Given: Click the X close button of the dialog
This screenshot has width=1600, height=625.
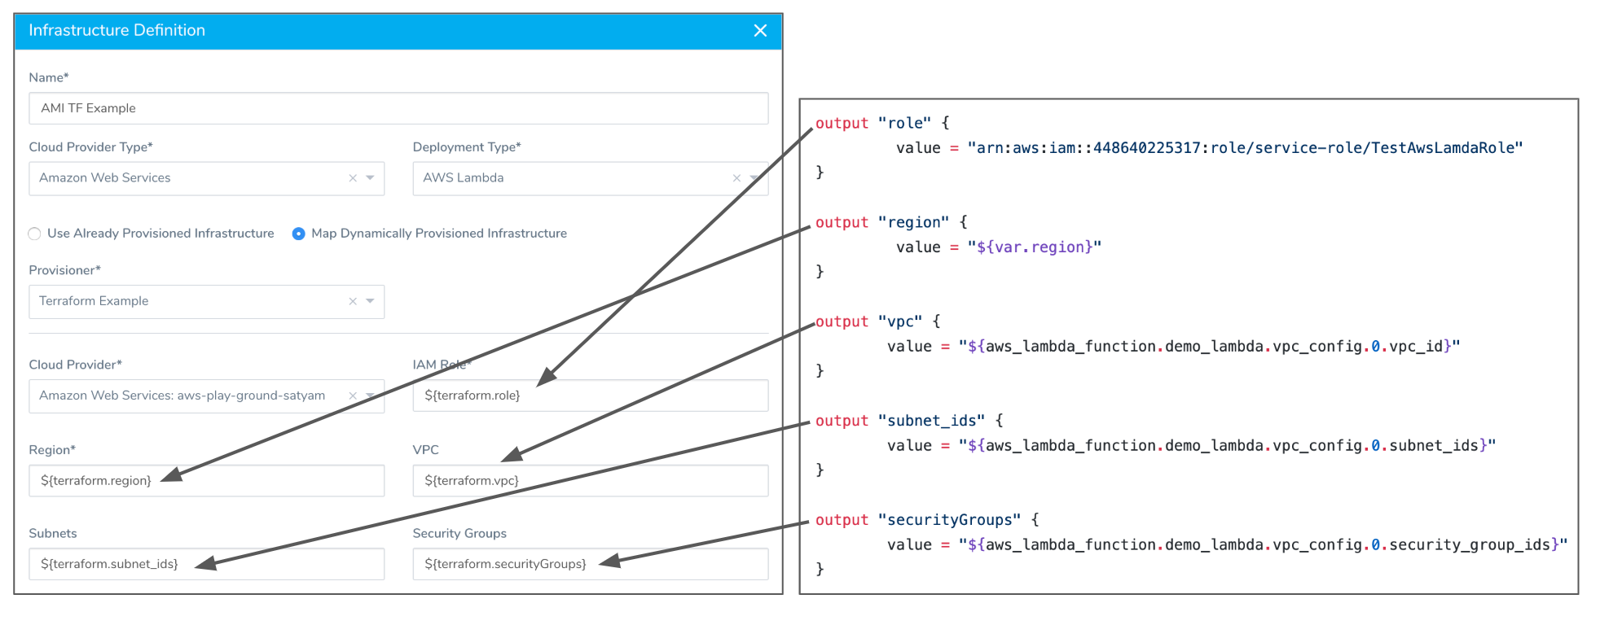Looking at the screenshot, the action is tap(760, 30).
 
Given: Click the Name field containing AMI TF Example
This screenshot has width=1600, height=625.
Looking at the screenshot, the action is tap(398, 108).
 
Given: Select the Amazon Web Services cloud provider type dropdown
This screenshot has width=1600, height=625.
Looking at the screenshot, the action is tap(206, 178).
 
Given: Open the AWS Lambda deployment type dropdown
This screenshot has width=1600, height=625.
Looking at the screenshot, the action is tap(590, 178).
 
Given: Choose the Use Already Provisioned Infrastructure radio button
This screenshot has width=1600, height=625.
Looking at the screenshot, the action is tap(34, 234).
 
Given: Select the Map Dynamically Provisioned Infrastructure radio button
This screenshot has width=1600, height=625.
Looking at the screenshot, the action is tap(299, 234).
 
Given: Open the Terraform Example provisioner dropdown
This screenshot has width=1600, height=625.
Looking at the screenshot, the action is tap(206, 301).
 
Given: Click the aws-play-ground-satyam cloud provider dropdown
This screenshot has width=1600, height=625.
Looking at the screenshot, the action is tap(206, 396).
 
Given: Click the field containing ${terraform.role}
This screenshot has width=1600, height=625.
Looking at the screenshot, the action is tap(590, 396).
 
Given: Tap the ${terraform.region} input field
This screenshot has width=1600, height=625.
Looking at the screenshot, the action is tap(206, 481).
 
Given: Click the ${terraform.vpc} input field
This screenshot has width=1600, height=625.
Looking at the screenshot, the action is tap(590, 481).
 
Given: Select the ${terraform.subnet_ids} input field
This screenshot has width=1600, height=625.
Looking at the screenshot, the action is tap(206, 564).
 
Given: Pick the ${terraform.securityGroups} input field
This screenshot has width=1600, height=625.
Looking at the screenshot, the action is tap(590, 564).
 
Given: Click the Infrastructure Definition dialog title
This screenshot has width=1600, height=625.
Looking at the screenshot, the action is tap(116, 30).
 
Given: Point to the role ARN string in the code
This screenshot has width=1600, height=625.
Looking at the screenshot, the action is tap(1245, 148).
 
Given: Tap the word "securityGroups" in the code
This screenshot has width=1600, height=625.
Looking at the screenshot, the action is tap(950, 520).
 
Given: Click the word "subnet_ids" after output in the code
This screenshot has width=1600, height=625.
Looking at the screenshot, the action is tap(932, 421).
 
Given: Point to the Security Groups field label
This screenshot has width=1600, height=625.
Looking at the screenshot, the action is tap(459, 533).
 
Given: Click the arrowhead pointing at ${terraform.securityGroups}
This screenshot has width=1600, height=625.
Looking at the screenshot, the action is tap(609, 560).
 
